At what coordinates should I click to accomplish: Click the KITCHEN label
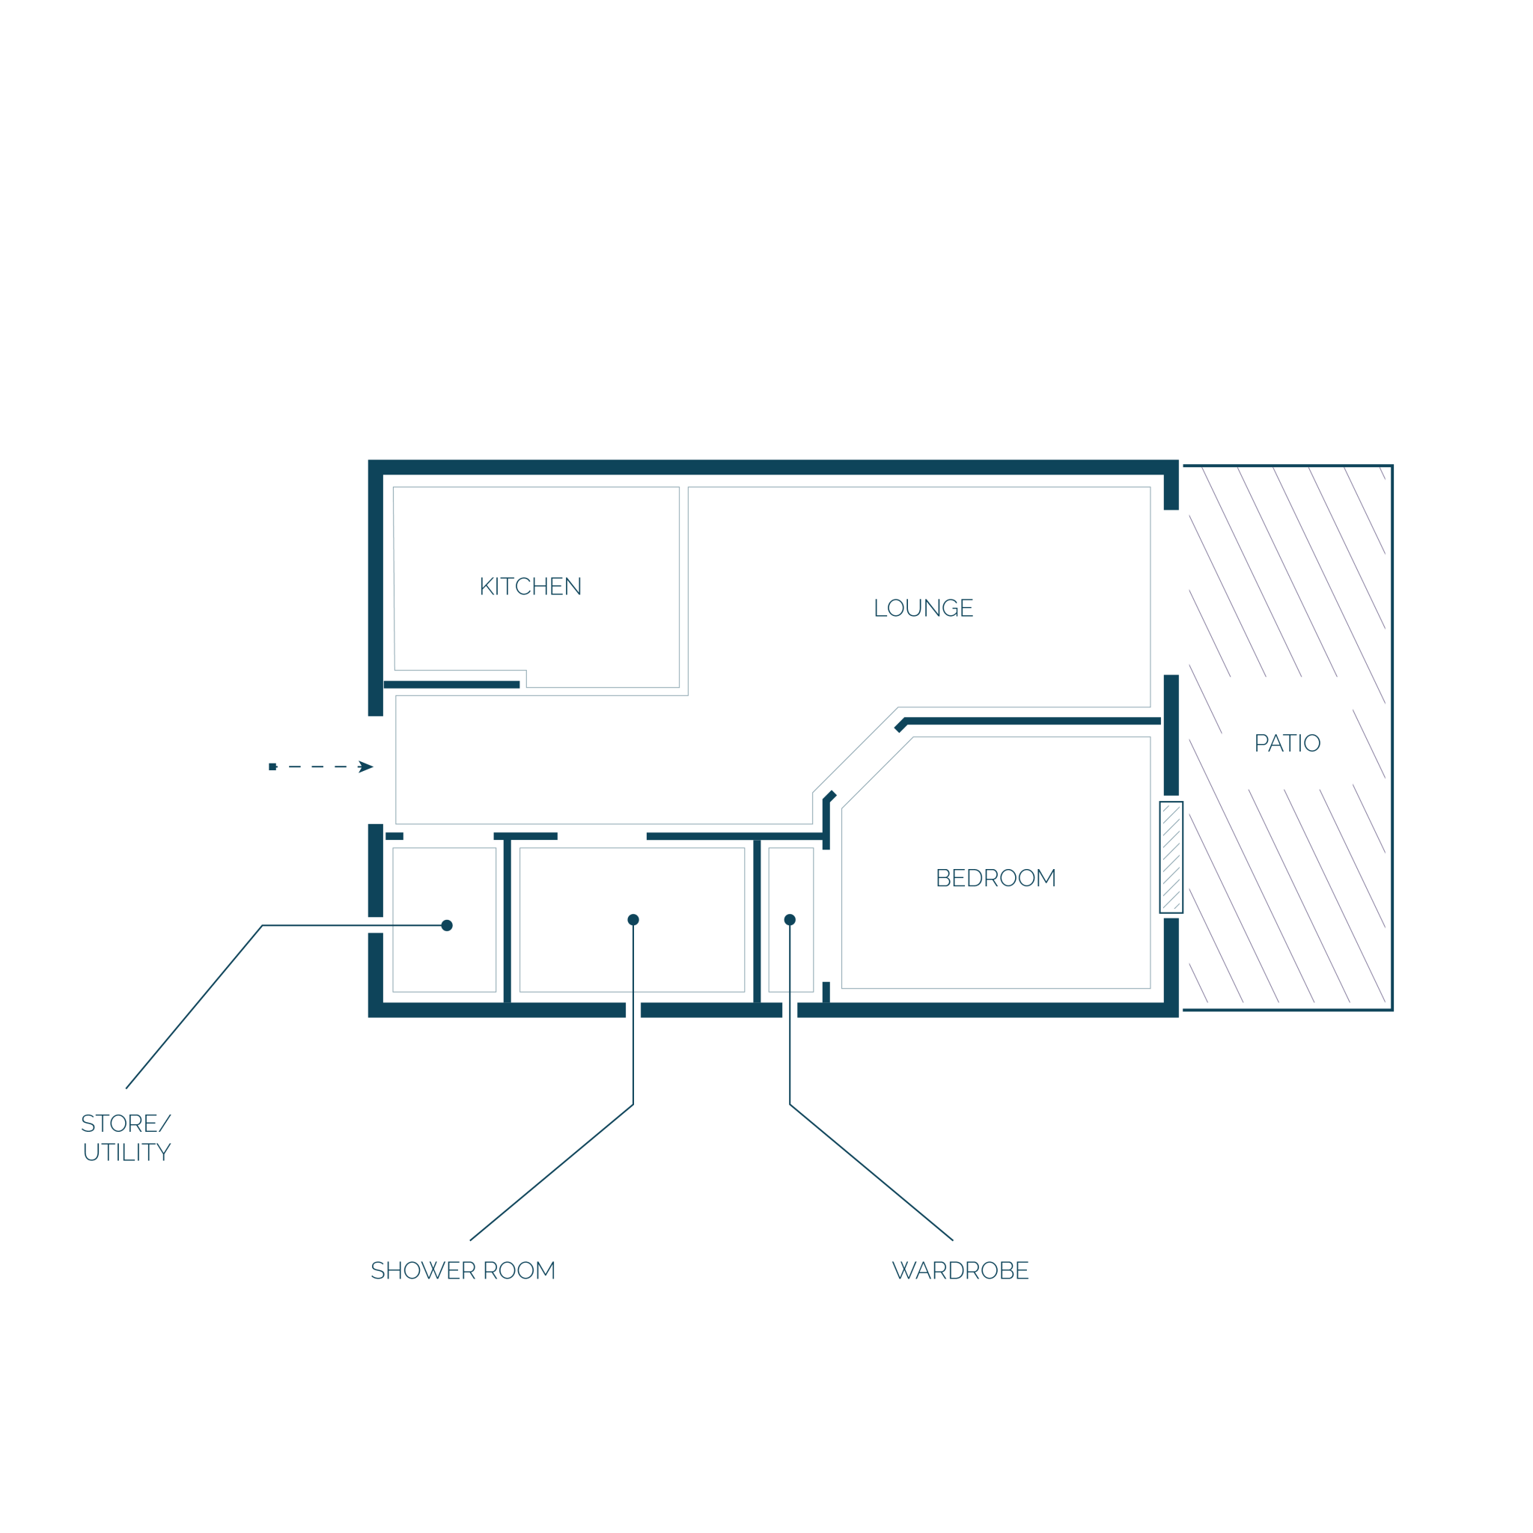[x=530, y=586]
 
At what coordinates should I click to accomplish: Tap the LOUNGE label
[x=923, y=608]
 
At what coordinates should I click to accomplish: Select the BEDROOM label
[x=996, y=877]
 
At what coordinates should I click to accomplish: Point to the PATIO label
[x=1287, y=743]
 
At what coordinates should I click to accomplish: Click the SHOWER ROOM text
[x=463, y=1270]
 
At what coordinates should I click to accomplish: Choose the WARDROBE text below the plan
[x=960, y=1270]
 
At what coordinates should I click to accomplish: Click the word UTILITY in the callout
[x=127, y=1152]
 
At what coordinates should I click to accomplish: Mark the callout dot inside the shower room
[x=633, y=920]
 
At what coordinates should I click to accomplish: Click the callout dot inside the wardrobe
[x=790, y=920]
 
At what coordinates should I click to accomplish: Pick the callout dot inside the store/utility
[x=447, y=925]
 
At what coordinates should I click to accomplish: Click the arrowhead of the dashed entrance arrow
[x=365, y=766]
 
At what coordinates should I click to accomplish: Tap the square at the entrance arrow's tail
[x=272, y=766]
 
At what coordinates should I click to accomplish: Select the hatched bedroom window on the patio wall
[x=1171, y=857]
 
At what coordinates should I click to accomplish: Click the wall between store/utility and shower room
[x=507, y=921]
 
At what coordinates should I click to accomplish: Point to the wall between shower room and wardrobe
[x=757, y=921]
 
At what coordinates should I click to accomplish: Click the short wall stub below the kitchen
[x=451, y=684]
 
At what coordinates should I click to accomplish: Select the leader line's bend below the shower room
[x=633, y=1105]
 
